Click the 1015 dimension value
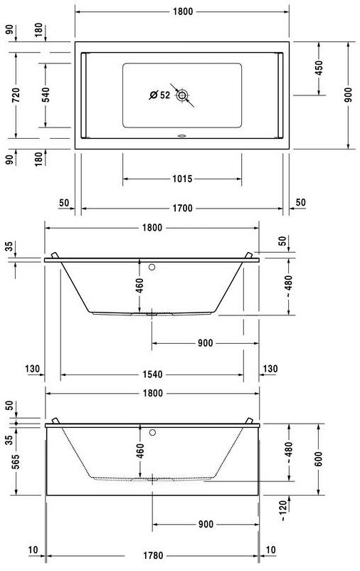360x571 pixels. tap(181, 179)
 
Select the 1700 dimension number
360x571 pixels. tap(181, 209)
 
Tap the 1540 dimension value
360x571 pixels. tap(152, 374)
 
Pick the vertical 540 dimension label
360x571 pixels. tap(46, 95)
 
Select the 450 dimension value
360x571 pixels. tap(319, 68)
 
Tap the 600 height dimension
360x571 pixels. tap(319, 459)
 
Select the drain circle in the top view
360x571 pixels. tap(183, 95)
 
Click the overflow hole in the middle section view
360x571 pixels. tap(152, 268)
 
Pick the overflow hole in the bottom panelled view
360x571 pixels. tap(152, 431)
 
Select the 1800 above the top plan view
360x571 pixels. tap(181, 12)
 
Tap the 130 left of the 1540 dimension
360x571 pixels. tap(31, 368)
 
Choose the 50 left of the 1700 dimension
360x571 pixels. tap(65, 203)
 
